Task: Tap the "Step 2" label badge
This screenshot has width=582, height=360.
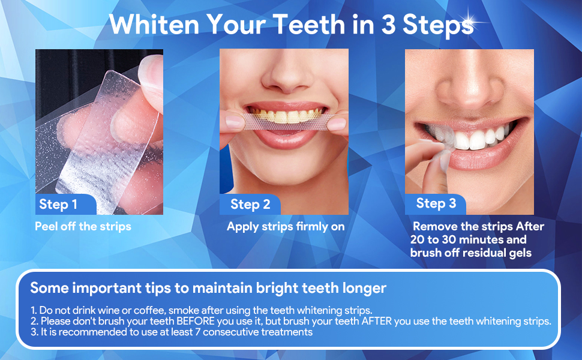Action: (250, 204)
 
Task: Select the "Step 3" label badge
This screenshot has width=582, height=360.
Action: (436, 204)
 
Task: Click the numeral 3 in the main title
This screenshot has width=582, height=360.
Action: (388, 25)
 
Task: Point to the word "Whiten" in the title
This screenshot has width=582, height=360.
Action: (154, 25)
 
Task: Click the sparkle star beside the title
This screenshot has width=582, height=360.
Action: (469, 20)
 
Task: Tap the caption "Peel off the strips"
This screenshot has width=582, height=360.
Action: (83, 226)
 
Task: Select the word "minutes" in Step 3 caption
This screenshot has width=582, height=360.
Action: (480, 240)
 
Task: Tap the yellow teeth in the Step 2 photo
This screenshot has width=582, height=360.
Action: (286, 115)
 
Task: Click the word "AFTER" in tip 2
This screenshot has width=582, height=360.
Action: (376, 321)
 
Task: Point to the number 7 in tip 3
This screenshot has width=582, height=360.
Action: (198, 332)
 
